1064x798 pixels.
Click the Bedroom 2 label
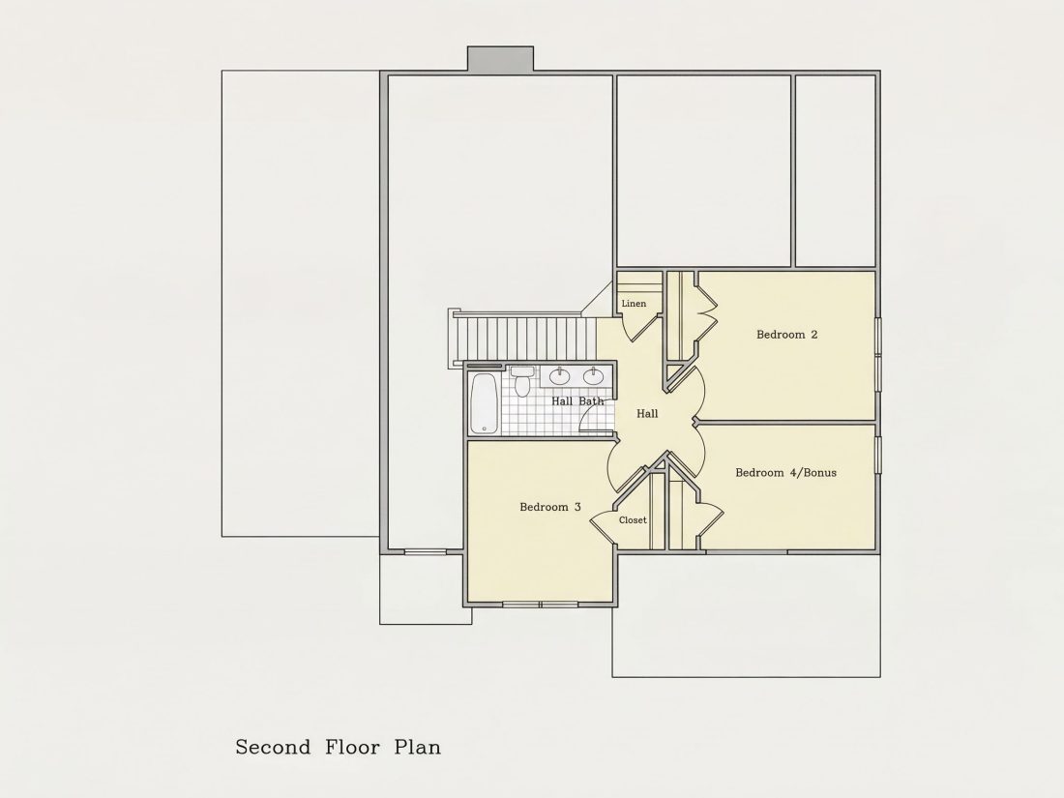point(786,335)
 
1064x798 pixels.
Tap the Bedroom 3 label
point(549,507)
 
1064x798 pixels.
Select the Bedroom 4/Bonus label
point(785,473)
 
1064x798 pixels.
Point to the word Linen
point(634,304)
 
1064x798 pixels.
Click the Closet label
point(633,520)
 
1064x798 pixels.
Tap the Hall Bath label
point(576,401)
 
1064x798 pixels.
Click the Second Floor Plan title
point(338,747)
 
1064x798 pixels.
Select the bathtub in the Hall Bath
point(485,403)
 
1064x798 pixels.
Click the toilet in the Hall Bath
point(521,381)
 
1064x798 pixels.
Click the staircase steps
point(519,338)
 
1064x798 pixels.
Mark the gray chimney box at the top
point(500,58)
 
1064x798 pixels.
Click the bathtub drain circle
point(484,429)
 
